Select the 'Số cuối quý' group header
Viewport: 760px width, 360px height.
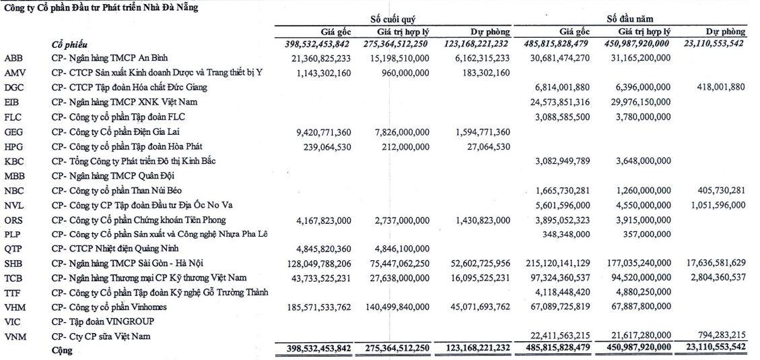pyautogui.click(x=394, y=20)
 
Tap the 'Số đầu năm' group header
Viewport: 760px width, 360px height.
pyautogui.click(x=630, y=20)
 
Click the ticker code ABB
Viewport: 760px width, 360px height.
pyautogui.click(x=14, y=59)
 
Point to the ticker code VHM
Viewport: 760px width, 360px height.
pyautogui.click(x=15, y=307)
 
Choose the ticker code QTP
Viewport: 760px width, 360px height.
pyautogui.click(x=14, y=247)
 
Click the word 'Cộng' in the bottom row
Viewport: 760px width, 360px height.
pyautogui.click(x=61, y=351)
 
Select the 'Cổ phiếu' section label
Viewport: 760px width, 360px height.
pyautogui.click(x=71, y=44)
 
